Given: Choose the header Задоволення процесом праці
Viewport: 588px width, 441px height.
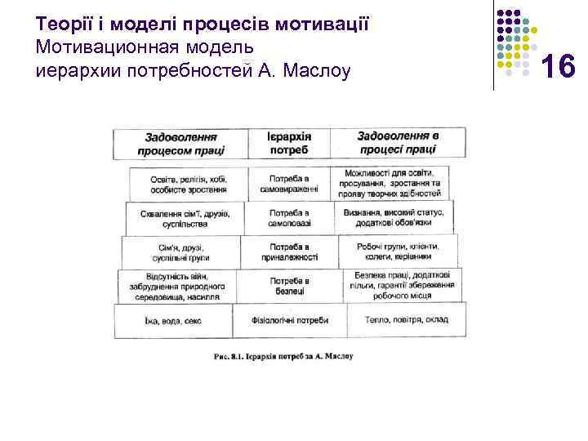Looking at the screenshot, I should (x=181, y=144).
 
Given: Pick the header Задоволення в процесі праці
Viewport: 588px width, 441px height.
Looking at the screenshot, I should (x=397, y=143).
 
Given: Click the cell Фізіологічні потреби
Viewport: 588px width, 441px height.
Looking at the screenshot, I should (x=289, y=320).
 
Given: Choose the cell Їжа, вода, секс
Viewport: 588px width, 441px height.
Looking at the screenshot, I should (x=172, y=320).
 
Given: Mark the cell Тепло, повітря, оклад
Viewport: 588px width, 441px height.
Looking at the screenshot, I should (x=407, y=319).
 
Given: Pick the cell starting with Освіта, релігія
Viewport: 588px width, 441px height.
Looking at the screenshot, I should (x=188, y=184).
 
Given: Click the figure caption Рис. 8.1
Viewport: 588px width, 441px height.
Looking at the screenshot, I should (x=283, y=357).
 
